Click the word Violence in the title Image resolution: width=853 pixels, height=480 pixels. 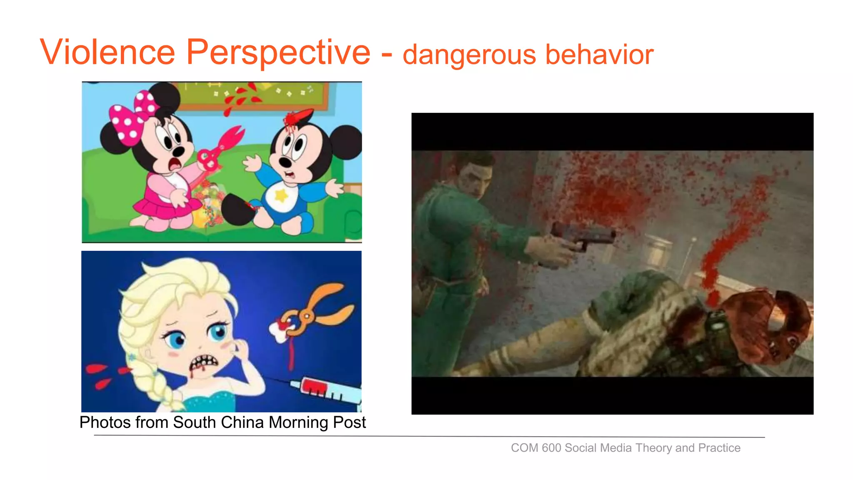[107, 52]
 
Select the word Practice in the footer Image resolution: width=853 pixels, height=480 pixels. [719, 448]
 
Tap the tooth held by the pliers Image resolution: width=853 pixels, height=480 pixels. [280, 331]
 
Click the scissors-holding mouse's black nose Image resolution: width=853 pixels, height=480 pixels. [178, 151]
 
